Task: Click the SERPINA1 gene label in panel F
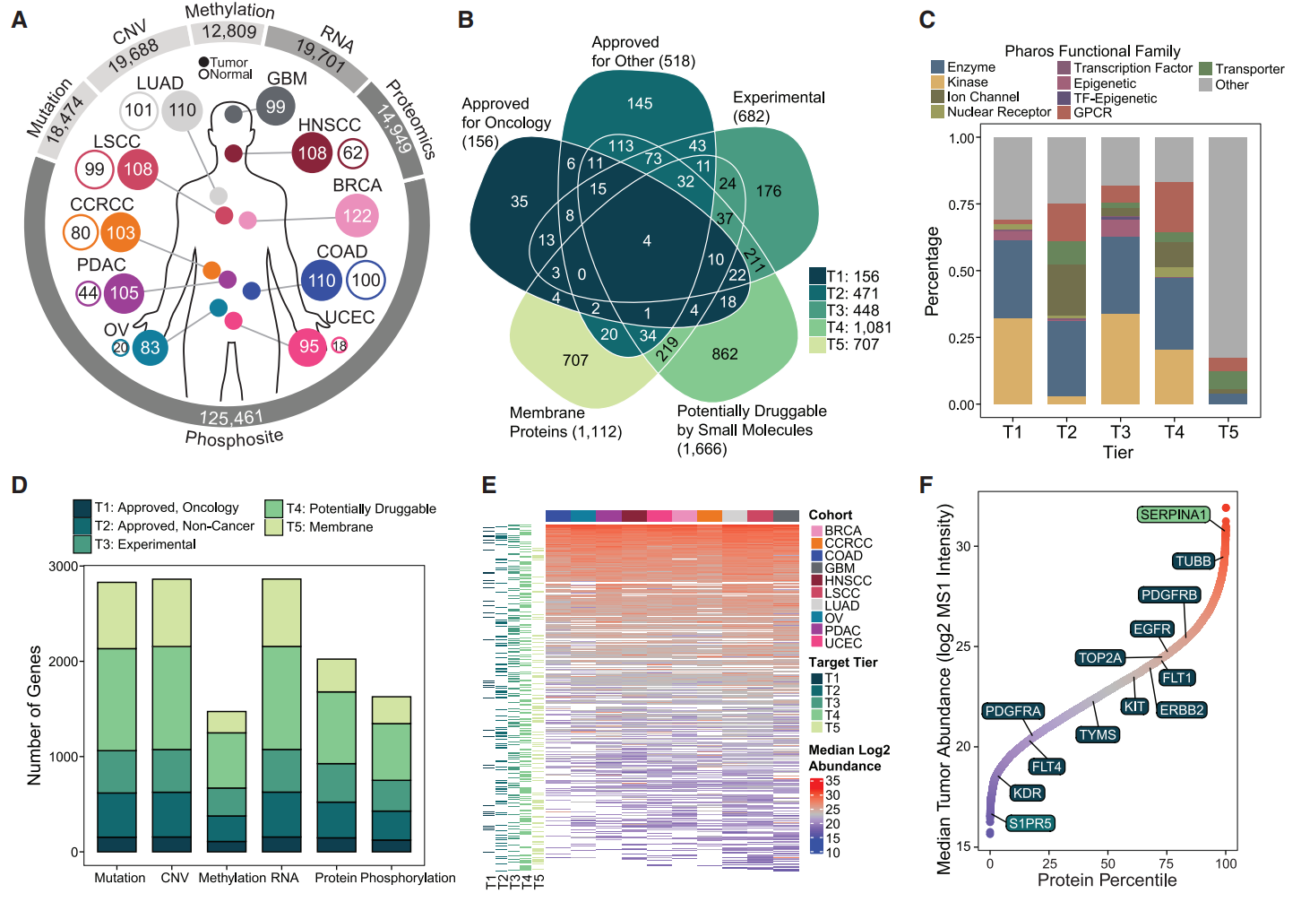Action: pyautogui.click(x=1173, y=515)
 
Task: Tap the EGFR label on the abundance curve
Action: pyautogui.click(x=1151, y=629)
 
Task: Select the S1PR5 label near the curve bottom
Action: pyautogui.click(x=1030, y=823)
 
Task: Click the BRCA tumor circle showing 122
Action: pyautogui.click(x=357, y=215)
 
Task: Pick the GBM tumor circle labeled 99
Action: pyautogui.click(x=275, y=107)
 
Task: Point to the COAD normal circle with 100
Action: pyautogui.click(x=366, y=280)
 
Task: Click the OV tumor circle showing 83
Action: pyautogui.click(x=150, y=348)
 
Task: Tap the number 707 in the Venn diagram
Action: pyautogui.click(x=575, y=360)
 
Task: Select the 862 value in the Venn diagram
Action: pyautogui.click(x=725, y=354)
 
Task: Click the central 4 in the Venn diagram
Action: pyautogui.click(x=647, y=240)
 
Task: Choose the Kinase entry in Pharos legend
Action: pyautogui.click(x=967, y=82)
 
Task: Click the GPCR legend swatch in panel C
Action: pyautogui.click(x=1064, y=113)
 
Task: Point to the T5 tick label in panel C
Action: pyautogui.click(x=1228, y=432)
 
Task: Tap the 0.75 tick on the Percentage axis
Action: pyautogui.click(x=962, y=204)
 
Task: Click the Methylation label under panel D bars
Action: pyautogui.click(x=222, y=878)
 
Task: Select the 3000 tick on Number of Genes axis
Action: pyautogui.click(x=63, y=567)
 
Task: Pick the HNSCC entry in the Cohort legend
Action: pyautogui.click(x=848, y=581)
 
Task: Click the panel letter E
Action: pyautogui.click(x=488, y=485)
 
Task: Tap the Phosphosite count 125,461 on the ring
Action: pyautogui.click(x=230, y=418)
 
